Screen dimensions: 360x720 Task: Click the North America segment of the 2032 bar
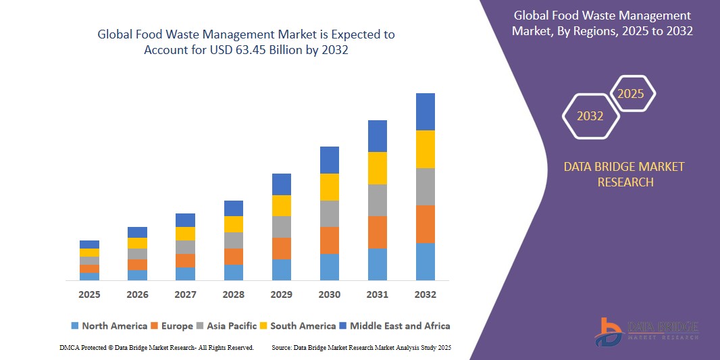(x=425, y=261)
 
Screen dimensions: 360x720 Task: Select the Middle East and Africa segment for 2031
(x=377, y=136)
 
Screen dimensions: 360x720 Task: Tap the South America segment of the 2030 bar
(x=329, y=187)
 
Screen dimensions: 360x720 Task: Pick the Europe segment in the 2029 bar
(x=281, y=248)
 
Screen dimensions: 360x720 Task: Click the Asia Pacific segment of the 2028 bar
(x=233, y=240)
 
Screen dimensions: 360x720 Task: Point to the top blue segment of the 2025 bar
(x=89, y=245)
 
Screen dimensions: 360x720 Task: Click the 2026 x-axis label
(x=137, y=294)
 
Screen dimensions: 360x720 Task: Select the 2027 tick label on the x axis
(x=185, y=294)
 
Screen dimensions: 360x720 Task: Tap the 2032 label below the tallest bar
(x=425, y=294)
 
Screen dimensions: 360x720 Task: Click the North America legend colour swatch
(x=74, y=326)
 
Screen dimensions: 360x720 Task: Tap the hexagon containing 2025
(x=631, y=94)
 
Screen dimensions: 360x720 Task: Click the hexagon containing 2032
(x=590, y=116)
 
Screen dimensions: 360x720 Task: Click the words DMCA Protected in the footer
(x=82, y=347)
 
